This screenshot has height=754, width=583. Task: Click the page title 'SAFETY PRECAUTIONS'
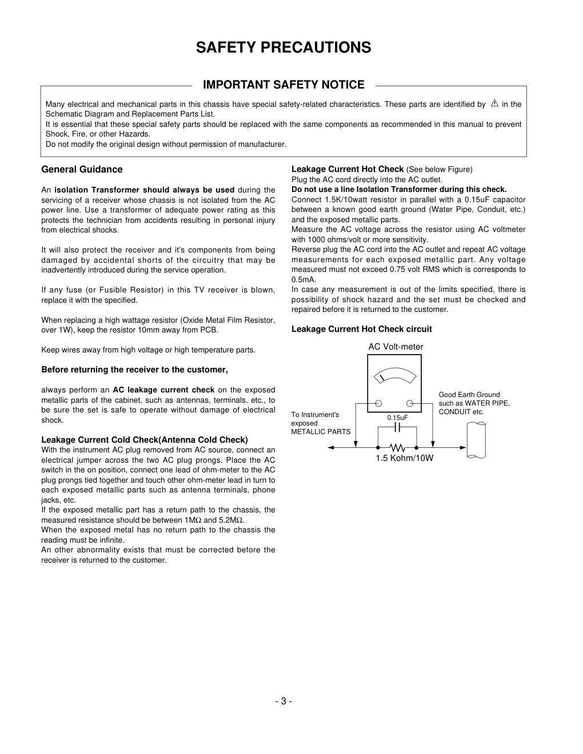pyautogui.click(x=283, y=47)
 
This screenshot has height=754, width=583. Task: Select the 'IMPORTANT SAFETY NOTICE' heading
pyautogui.click(x=283, y=85)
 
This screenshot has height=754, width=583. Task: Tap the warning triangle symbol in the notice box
pyautogui.click(x=494, y=103)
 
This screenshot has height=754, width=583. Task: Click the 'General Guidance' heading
pyautogui.click(x=82, y=170)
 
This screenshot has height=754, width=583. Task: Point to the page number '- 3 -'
pyautogui.click(x=283, y=701)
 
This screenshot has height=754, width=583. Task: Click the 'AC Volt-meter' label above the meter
pyautogui.click(x=396, y=347)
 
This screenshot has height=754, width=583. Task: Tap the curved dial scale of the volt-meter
pyautogui.click(x=394, y=375)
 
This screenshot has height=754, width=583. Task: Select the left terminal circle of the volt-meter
pyautogui.click(x=378, y=403)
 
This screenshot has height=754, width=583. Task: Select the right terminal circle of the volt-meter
pyautogui.click(x=410, y=403)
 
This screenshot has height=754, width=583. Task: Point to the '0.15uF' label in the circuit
pyautogui.click(x=397, y=418)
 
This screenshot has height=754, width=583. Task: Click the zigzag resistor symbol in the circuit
pyautogui.click(x=397, y=448)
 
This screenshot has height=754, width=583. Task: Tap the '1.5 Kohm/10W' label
pyautogui.click(x=404, y=458)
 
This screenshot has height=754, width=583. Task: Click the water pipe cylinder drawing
pyautogui.click(x=476, y=440)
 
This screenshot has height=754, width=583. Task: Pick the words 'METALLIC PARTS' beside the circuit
pyautogui.click(x=321, y=432)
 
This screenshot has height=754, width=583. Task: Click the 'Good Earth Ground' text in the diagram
pyautogui.click(x=469, y=395)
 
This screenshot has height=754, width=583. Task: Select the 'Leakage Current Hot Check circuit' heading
pyautogui.click(x=361, y=329)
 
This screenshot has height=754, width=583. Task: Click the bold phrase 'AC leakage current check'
pyautogui.click(x=163, y=390)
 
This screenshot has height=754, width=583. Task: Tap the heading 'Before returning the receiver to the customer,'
pyautogui.click(x=134, y=370)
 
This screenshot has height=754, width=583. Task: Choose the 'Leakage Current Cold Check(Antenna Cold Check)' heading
pyautogui.click(x=144, y=440)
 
